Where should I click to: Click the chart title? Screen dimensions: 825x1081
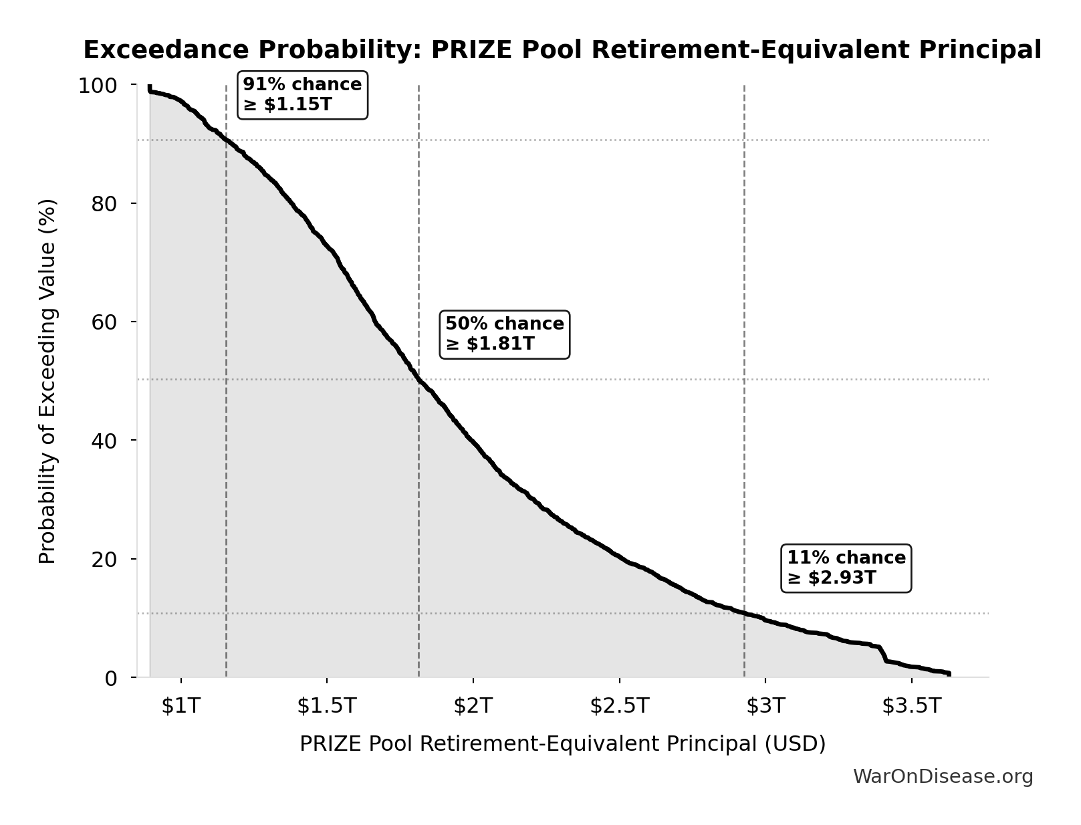click(562, 50)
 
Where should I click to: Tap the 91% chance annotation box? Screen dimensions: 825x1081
click(302, 95)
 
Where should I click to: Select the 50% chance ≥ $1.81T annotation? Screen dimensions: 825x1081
click(505, 334)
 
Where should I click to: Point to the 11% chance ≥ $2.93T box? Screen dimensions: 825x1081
click(846, 568)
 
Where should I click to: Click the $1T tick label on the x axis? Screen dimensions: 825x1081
click(181, 706)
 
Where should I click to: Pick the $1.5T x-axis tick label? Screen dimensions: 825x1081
click(327, 706)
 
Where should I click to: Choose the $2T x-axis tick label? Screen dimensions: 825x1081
click(473, 706)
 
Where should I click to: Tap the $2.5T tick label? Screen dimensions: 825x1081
click(619, 706)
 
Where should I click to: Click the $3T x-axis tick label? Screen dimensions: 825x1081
click(765, 706)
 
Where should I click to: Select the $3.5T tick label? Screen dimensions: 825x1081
click(911, 706)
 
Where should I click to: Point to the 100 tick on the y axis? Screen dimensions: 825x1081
click(98, 86)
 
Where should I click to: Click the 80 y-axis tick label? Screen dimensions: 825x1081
click(104, 204)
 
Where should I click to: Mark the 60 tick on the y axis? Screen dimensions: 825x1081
click(104, 322)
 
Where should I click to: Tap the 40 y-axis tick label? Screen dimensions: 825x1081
click(104, 441)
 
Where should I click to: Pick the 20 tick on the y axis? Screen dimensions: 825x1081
click(104, 559)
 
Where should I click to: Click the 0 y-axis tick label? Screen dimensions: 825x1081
click(111, 678)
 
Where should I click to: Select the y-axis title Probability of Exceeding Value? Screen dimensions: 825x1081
click(47, 381)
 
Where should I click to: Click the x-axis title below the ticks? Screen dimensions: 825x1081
click(562, 744)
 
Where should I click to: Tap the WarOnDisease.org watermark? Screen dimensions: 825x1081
click(943, 777)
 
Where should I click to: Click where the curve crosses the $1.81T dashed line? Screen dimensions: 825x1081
click(418, 380)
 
